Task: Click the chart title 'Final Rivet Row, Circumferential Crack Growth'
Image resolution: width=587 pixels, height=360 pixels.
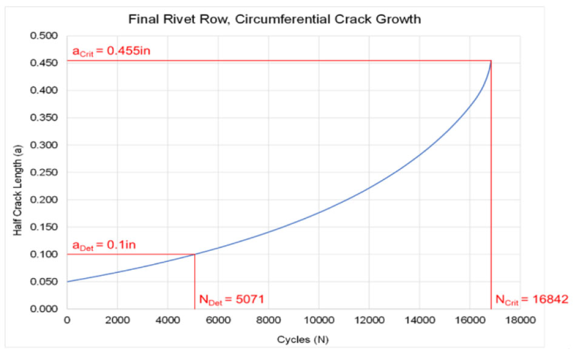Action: [275, 18]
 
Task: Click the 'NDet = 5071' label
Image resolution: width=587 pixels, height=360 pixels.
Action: [231, 299]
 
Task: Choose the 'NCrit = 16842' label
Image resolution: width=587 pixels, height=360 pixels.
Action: [532, 299]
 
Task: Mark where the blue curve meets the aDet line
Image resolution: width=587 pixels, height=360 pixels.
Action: [194, 255]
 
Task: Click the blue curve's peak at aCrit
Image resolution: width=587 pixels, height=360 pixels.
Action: [491, 61]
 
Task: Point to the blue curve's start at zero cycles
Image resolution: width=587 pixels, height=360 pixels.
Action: [67, 282]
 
